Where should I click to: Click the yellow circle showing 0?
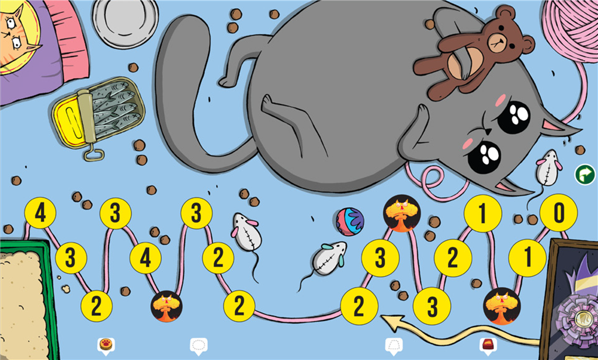click(558, 214)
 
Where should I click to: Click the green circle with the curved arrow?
click(584, 173)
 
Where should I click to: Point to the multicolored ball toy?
click(350, 222)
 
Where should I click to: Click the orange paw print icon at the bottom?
click(106, 344)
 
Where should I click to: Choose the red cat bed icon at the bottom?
click(488, 345)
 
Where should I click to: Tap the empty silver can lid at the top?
click(126, 20)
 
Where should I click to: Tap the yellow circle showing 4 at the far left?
click(40, 214)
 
